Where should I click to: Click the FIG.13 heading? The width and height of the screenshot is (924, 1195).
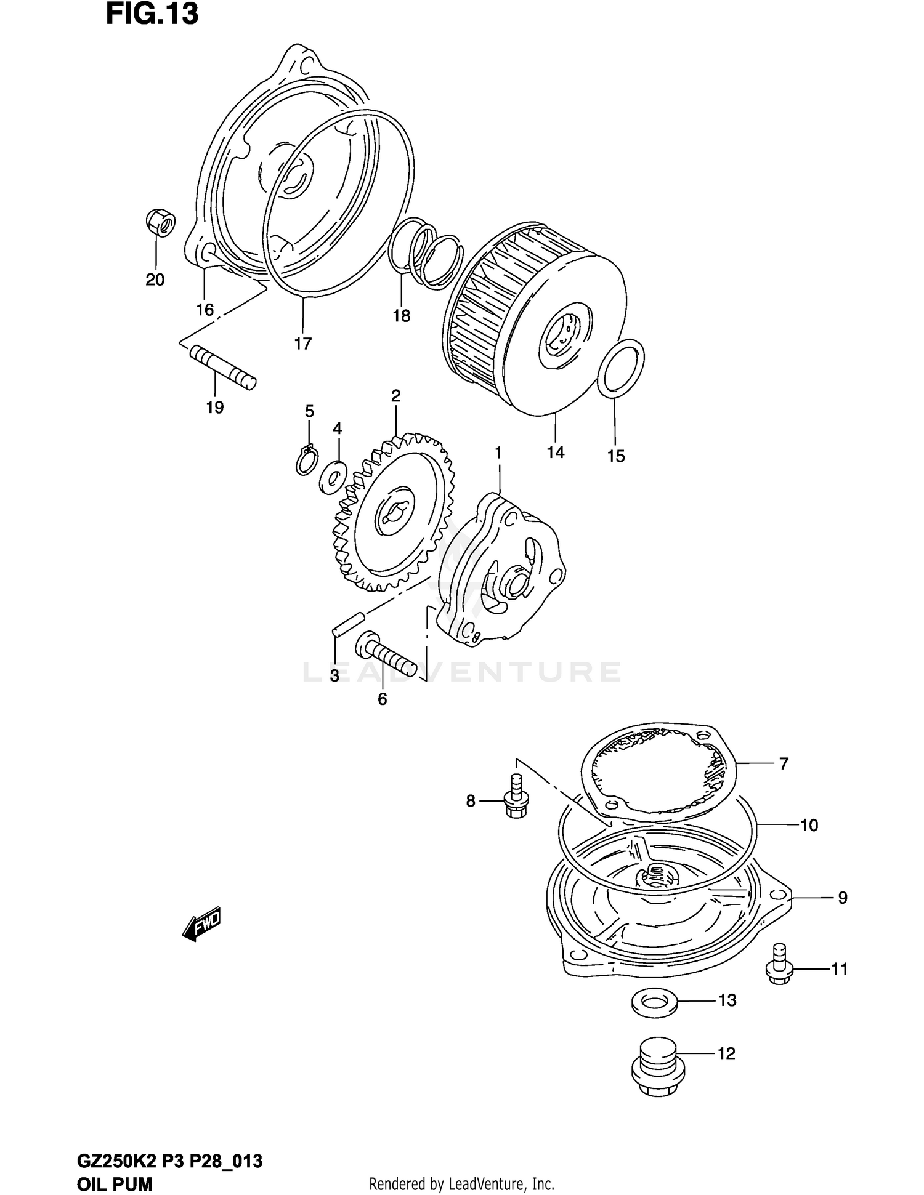click(x=152, y=15)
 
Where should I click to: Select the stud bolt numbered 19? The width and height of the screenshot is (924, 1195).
click(x=222, y=368)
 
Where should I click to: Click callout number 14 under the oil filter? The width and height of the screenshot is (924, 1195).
click(x=555, y=453)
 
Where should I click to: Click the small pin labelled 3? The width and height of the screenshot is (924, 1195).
click(x=349, y=623)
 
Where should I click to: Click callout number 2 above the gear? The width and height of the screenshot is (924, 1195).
click(x=395, y=396)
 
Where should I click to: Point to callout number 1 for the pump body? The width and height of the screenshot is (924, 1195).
click(x=498, y=453)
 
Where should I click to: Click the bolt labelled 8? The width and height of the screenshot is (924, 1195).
click(x=514, y=800)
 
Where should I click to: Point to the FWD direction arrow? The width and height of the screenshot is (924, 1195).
click(x=201, y=923)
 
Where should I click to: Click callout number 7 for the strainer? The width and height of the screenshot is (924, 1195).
click(x=784, y=764)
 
